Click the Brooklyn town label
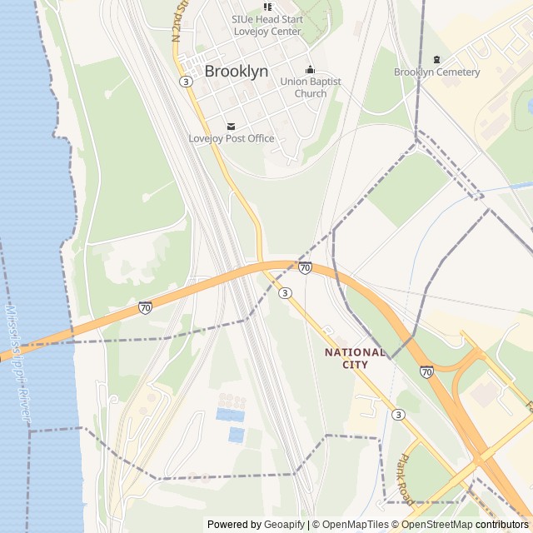point(237,72)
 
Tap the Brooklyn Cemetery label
point(437,72)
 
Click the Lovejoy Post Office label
point(232,138)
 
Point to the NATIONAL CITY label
point(356,358)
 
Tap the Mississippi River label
point(17,366)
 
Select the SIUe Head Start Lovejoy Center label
point(267,25)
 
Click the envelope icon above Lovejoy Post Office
point(232,126)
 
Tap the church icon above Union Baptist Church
point(310,69)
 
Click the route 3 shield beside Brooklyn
point(186,81)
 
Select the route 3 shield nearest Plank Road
point(399,415)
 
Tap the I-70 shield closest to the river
point(145,307)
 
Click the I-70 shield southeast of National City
point(426,371)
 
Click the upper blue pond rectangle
point(231,414)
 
